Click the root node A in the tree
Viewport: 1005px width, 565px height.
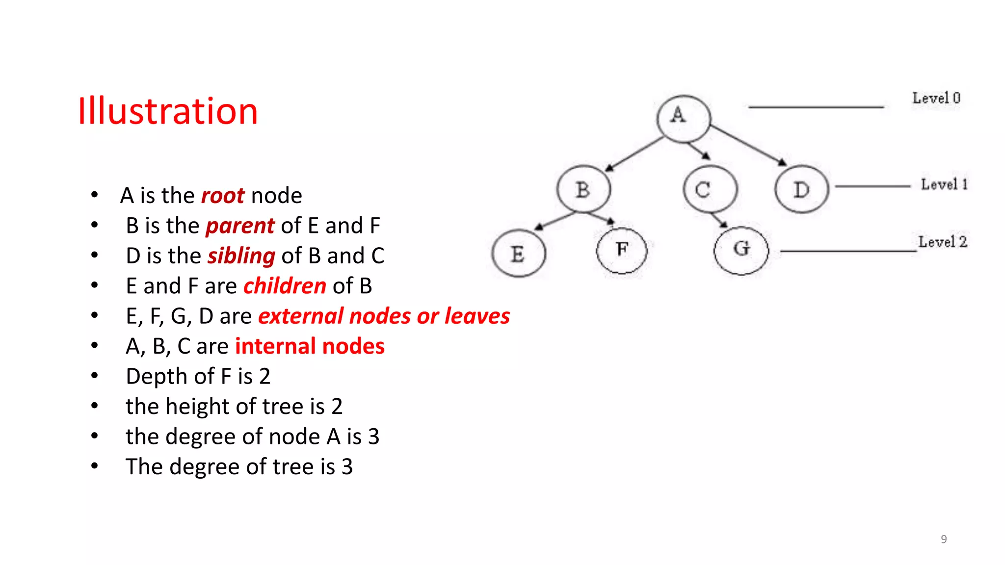[x=684, y=118]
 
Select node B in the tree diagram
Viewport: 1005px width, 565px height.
[x=583, y=189]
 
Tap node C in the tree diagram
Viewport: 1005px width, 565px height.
[x=710, y=189]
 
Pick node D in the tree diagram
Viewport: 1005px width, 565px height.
[x=802, y=189]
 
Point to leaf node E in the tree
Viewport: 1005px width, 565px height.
[x=519, y=254]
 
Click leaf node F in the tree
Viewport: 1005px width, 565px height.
[x=622, y=251]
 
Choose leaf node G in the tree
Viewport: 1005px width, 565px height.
[x=741, y=250]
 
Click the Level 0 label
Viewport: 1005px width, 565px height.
[x=936, y=98]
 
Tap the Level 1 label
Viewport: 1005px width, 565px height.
[x=944, y=184]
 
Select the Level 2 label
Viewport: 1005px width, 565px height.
[x=942, y=242]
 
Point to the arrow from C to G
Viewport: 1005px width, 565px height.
[x=719, y=220]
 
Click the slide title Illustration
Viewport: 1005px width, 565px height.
[x=168, y=111]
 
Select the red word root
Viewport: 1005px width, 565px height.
[x=223, y=196]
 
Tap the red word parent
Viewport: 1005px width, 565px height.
[x=240, y=226]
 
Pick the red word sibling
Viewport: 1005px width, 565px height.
[x=241, y=256]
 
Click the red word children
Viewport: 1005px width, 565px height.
[x=285, y=286]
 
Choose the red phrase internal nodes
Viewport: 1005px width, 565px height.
[x=310, y=346]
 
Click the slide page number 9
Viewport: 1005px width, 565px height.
[x=944, y=539]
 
